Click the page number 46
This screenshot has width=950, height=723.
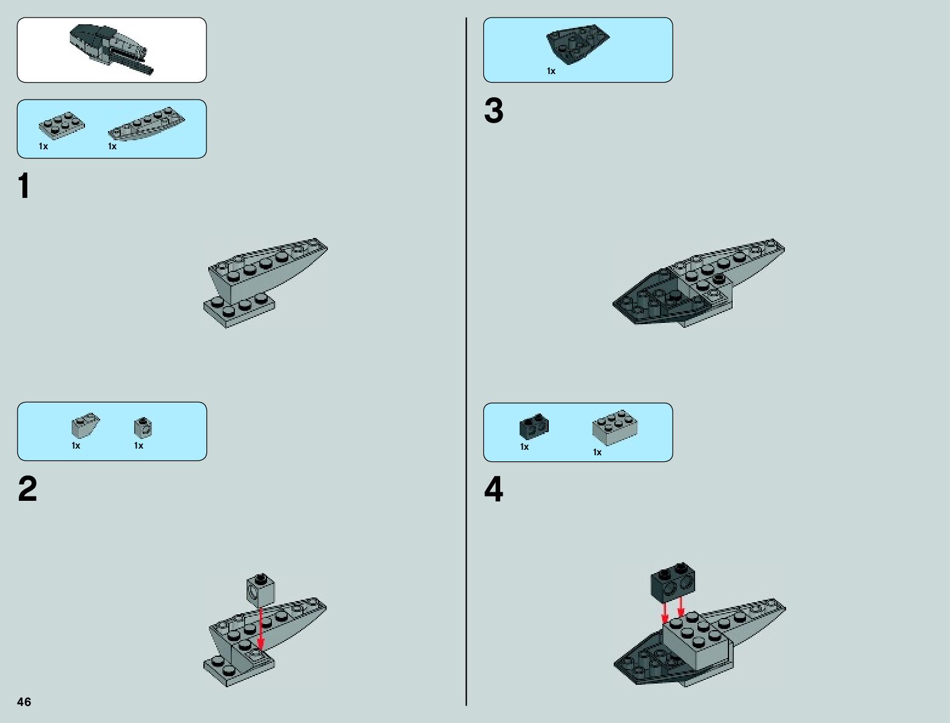(24, 701)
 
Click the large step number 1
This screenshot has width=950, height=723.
(24, 186)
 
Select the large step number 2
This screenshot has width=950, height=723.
(28, 489)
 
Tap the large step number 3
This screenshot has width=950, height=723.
(494, 110)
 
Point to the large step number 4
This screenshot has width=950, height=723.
(494, 489)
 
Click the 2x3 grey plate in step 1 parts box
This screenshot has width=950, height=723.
(62, 126)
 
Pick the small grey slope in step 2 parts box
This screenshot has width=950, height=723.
(85, 425)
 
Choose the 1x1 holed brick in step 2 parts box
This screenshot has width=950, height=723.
(143, 427)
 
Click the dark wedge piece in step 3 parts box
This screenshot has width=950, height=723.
(577, 44)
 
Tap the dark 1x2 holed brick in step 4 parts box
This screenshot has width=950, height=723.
(534, 426)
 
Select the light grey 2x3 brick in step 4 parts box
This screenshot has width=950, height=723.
(614, 427)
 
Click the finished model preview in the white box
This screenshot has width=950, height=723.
(112, 50)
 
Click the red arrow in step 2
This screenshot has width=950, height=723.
(260, 628)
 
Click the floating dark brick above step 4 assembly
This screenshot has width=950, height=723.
(673, 583)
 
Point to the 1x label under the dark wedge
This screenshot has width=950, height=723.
(551, 71)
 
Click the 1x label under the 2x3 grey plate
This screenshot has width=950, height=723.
(43, 146)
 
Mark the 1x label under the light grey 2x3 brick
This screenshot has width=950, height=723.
(597, 452)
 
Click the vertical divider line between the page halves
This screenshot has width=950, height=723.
(466, 362)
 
